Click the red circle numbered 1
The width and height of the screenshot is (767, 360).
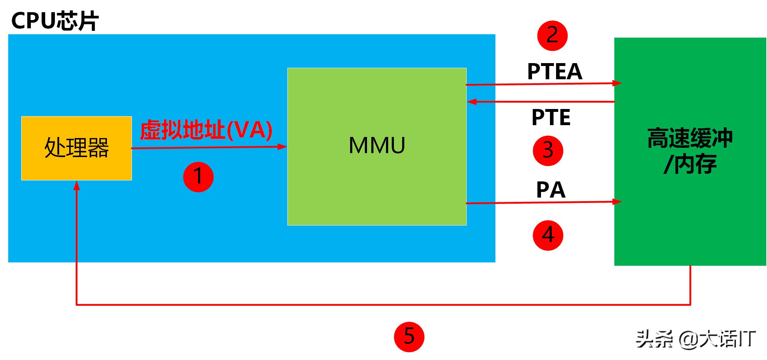coord(198,177)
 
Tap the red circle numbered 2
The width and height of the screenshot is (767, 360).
coord(552,35)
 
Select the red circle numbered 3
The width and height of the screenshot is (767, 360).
coord(548,151)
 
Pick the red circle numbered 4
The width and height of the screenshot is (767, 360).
coord(548,235)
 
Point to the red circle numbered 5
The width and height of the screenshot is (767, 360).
coord(409,337)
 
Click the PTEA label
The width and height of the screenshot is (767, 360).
coord(554,71)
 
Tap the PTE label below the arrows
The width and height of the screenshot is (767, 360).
coord(551,117)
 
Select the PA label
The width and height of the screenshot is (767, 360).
coord(551,190)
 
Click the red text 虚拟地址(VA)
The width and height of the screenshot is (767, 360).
coord(206,130)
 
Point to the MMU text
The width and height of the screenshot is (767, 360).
coord(377,145)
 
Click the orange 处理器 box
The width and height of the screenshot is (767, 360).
coord(76,148)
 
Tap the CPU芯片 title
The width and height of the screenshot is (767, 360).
coord(55,20)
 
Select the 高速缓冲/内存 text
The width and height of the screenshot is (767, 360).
coord(690,151)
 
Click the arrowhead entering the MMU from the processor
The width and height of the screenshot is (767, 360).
coord(283,146)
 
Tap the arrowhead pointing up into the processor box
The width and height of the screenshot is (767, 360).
coord(76,185)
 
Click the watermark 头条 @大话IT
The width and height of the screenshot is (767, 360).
coord(696,339)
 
